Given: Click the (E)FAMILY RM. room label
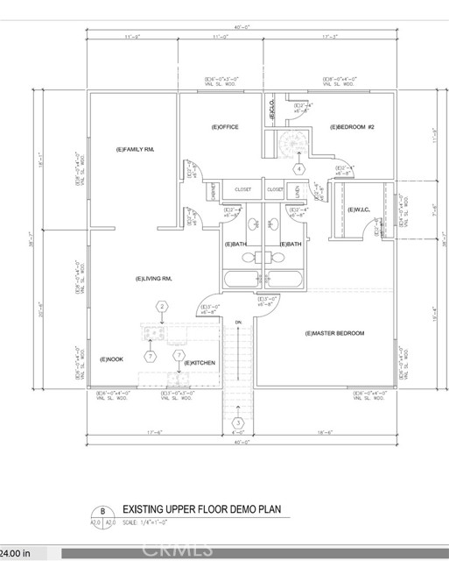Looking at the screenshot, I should pos(135,150).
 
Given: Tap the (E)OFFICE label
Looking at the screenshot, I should pos(225,127).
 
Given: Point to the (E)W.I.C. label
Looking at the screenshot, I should pos(357,209).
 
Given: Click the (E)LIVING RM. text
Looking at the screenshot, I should pos(153,279).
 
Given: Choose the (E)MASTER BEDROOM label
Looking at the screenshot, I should pos(334,333).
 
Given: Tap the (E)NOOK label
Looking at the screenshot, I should pos(112,359).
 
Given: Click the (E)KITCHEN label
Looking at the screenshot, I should pos(200,362).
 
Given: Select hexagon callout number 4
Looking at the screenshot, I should pos(299,168).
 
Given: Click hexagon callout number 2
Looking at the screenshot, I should pos(162,306).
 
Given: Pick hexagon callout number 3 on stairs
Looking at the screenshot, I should pos(237,425).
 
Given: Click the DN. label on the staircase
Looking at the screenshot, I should pos(238,323).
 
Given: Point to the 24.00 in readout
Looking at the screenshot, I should pos(17,553).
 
